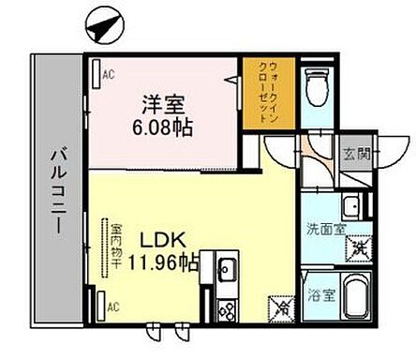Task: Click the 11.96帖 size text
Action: tap(161, 263)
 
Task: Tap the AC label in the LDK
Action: tap(110, 307)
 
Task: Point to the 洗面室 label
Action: tap(328, 228)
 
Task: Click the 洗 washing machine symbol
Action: tap(357, 249)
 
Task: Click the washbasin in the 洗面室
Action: tap(352, 206)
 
